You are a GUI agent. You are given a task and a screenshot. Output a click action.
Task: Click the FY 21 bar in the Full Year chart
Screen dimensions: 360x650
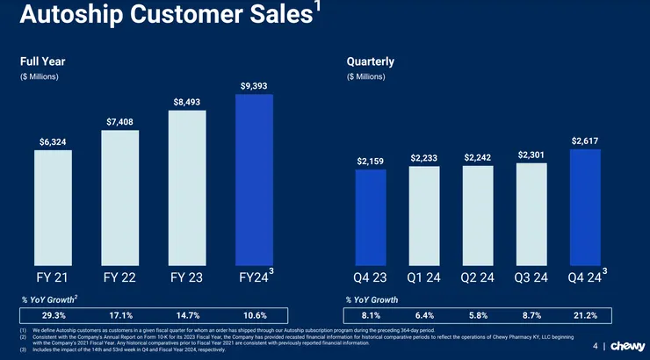[54, 206]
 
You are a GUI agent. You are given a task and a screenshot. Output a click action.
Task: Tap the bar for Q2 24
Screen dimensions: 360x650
[478, 215]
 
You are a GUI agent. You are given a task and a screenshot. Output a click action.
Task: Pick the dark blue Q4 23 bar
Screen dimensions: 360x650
[370, 217]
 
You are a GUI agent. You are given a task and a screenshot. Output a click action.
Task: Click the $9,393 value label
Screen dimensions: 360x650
[255, 86]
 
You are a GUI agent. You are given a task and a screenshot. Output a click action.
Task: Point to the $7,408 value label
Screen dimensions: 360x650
[120, 121]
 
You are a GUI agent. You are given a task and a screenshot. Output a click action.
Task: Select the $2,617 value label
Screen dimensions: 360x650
[585, 140]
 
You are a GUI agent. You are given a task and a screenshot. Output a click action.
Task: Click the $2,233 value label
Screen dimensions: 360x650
[424, 157]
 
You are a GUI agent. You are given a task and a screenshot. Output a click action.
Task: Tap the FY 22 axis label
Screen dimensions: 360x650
[120, 277]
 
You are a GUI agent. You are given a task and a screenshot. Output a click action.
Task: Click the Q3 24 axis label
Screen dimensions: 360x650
[531, 277]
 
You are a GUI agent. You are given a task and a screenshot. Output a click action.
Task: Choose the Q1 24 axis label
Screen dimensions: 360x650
[424, 277]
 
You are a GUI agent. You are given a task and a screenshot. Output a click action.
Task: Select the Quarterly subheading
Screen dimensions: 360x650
[370, 61]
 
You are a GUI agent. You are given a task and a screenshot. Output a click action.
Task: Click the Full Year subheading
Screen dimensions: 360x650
[43, 61]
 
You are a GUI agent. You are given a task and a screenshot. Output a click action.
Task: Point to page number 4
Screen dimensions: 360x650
[595, 345]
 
